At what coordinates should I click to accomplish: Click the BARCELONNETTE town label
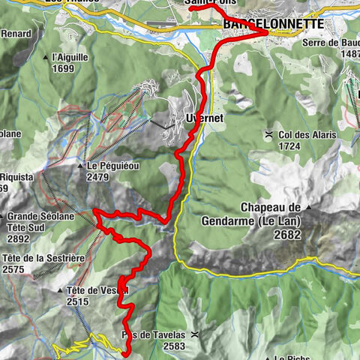(x=273, y=24)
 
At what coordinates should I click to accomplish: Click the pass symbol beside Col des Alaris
(x=268, y=135)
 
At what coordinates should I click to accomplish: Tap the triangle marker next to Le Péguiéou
(x=79, y=166)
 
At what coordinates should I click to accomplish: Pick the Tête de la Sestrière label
(x=40, y=258)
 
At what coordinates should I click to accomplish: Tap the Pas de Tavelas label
(x=152, y=335)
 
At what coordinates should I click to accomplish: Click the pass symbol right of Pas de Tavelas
(x=196, y=335)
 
